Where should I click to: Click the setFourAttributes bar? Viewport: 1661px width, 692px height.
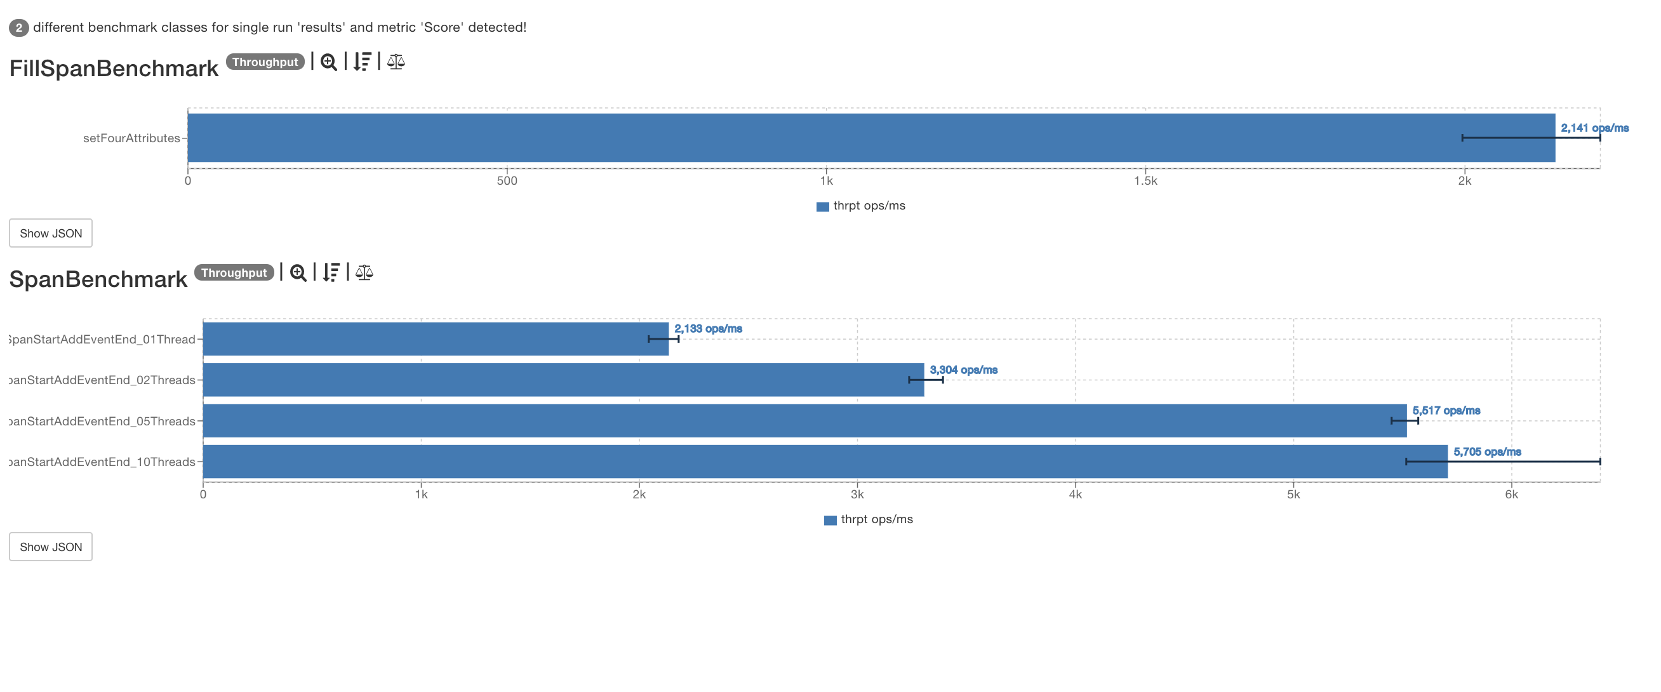click(871, 137)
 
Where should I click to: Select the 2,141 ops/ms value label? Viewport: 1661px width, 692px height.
click(1594, 128)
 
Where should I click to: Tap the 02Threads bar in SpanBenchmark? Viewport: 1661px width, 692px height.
click(563, 379)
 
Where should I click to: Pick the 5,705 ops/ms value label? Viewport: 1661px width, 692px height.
click(1487, 451)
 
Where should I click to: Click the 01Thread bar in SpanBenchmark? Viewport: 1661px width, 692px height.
click(435, 338)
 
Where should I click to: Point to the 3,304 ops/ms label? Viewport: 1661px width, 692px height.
click(963, 369)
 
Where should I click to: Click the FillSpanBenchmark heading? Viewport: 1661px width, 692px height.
click(114, 69)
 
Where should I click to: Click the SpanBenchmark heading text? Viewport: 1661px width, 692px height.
click(98, 279)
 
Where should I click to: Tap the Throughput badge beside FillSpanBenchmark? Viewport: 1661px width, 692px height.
click(265, 62)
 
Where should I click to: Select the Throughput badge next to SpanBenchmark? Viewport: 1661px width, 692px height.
click(234, 273)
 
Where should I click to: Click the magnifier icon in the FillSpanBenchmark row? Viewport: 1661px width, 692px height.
click(328, 62)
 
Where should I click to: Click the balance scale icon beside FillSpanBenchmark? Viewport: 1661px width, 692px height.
click(396, 62)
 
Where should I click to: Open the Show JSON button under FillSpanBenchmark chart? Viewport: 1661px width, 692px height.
click(50, 233)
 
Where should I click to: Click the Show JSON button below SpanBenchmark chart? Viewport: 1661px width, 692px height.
click(50, 546)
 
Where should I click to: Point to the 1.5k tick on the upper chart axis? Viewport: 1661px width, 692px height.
click(1145, 181)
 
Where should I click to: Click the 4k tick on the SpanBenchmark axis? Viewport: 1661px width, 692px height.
click(1075, 495)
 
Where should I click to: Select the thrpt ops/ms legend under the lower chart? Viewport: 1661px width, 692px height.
click(869, 519)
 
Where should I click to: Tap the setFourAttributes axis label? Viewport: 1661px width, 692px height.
click(131, 138)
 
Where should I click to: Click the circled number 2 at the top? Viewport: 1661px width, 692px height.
click(18, 28)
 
